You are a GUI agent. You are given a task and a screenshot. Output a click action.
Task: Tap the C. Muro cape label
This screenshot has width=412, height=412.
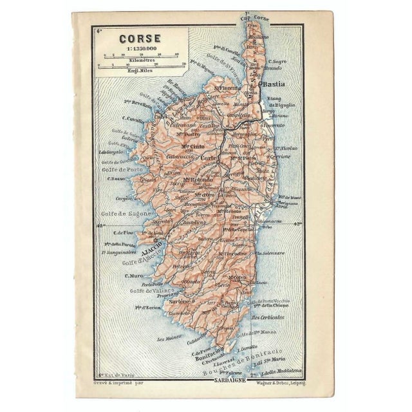click(x=133, y=276)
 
